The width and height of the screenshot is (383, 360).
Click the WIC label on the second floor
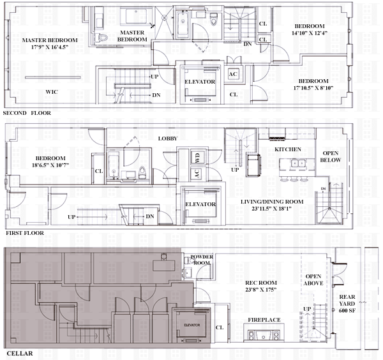pos(52,92)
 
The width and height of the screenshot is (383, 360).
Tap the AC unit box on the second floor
pos(233,74)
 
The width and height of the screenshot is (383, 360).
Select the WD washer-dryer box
pos(197,158)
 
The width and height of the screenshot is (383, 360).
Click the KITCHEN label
pos(288,149)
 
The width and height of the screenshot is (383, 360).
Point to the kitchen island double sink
pos(298,163)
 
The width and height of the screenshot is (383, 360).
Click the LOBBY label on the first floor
pos(167,139)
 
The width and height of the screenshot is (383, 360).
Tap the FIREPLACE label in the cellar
pos(264,320)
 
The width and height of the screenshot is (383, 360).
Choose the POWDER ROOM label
pos(202,260)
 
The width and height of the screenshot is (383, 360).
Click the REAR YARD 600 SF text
pos(347,304)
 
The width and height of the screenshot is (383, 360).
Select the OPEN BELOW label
pos(331,156)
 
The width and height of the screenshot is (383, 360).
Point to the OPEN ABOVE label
pos(313,280)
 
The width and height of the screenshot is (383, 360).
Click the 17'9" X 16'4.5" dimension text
pos(50,47)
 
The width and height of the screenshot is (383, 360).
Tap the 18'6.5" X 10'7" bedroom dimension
pos(50,165)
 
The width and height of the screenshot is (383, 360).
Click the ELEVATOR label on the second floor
pos(200,82)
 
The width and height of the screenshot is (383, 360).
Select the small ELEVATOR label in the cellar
pos(191,325)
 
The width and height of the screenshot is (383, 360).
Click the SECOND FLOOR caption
pos(27,113)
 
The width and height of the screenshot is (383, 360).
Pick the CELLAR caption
pos(20,354)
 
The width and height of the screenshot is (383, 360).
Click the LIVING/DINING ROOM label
pos(272,202)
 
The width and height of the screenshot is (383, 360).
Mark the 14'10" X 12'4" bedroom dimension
pos(310,33)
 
